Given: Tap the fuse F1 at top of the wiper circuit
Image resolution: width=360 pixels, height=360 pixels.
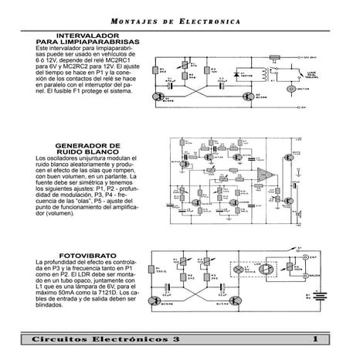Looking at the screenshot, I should (x=265, y=56).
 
